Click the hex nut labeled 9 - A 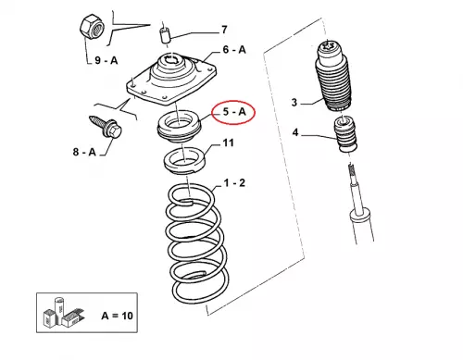pyautogui.click(x=94, y=30)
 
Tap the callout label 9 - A pyautogui.click(x=106, y=60)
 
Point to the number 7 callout pyautogui.click(x=224, y=30)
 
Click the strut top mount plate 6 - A pyautogui.click(x=171, y=79)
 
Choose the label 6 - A pyautogui.click(x=234, y=49)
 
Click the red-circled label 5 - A pyautogui.click(x=233, y=112)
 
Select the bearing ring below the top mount pyautogui.click(x=179, y=126)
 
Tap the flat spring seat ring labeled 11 pyautogui.click(x=184, y=160)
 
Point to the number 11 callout pyautogui.click(x=228, y=143)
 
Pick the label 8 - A pyautogui.click(x=84, y=152)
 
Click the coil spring pyautogui.click(x=197, y=243)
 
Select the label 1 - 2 pyautogui.click(x=234, y=182)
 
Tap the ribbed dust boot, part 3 pyautogui.click(x=332, y=76)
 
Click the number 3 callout pyautogui.click(x=294, y=102)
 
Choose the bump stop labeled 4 pyautogui.click(x=345, y=133)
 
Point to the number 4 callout pyautogui.click(x=295, y=132)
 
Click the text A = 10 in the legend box pyautogui.click(x=117, y=316)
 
